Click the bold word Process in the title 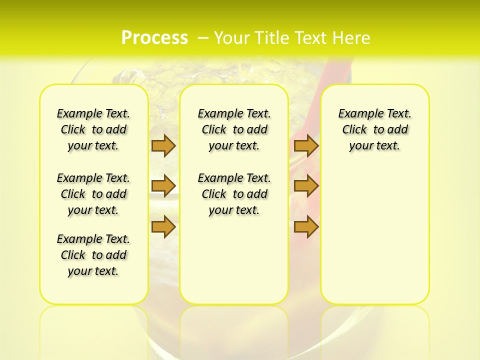point(154,37)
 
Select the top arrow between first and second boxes point(163,145)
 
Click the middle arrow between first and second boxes point(163,186)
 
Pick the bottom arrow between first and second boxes point(163,226)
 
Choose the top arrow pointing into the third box point(306,145)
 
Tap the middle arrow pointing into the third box point(306,186)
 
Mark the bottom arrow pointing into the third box point(306,226)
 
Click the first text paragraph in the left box point(93,129)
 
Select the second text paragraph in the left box point(93,194)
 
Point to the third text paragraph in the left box point(93,255)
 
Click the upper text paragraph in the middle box point(234,129)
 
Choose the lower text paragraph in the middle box point(234,194)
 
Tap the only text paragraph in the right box point(375,129)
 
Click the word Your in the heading point(232,38)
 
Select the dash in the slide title point(203,38)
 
